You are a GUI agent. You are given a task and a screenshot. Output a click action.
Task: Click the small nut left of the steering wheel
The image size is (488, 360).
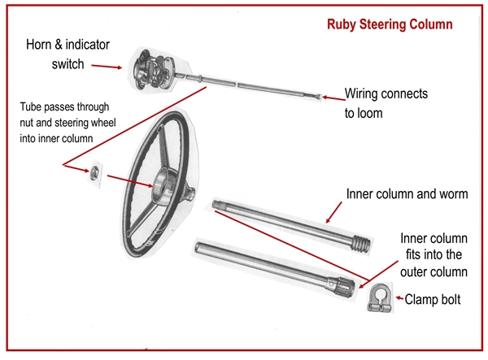pos(95,173)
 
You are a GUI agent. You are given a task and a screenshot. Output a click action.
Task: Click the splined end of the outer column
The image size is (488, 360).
pos(346,286)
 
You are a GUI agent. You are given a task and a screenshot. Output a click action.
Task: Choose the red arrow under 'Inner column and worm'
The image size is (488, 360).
pos(337,212)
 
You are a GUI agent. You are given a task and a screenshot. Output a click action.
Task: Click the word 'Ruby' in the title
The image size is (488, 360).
pos(340,24)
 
